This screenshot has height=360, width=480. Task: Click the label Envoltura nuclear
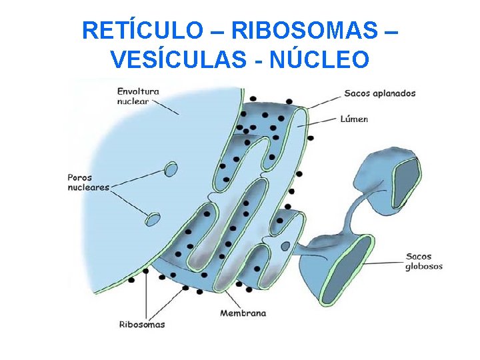click(137, 96)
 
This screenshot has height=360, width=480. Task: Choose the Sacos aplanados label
click(379, 93)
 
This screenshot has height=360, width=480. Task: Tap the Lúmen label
click(354, 119)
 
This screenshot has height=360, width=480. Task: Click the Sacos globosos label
click(424, 261)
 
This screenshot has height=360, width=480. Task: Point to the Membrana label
click(243, 313)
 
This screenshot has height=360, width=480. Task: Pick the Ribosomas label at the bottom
click(141, 325)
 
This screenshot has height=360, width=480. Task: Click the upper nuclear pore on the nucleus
click(171, 169)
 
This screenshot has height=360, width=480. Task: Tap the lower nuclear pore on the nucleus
click(153, 219)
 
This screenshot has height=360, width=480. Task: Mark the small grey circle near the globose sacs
click(285, 246)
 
